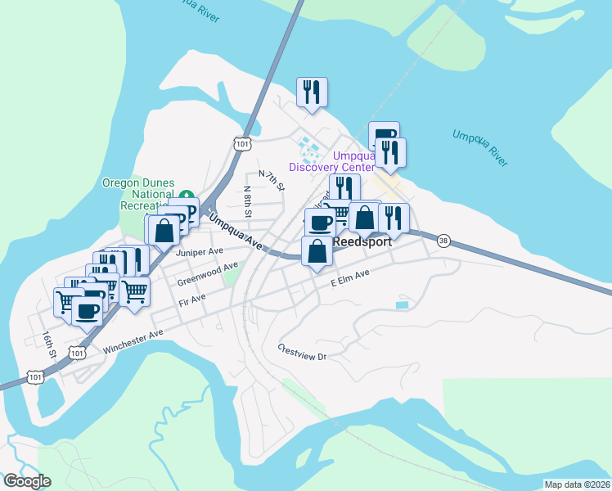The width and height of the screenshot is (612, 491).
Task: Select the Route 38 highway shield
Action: click(x=443, y=241)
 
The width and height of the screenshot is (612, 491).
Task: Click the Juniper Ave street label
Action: click(x=199, y=252)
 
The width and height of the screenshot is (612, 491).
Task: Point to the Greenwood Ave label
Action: click(x=208, y=273)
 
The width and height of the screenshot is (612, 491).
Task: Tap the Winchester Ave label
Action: click(x=133, y=342)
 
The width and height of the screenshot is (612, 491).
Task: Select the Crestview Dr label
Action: click(x=302, y=352)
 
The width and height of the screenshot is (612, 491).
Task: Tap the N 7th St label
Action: click(x=271, y=181)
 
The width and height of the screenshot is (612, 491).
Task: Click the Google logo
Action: click(x=26, y=481)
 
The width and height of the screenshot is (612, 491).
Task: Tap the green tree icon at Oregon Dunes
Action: click(x=187, y=196)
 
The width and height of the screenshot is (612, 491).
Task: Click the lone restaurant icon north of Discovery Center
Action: click(x=311, y=92)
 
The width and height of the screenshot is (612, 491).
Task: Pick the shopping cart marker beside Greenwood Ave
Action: click(x=134, y=291)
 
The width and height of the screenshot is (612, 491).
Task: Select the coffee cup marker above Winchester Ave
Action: click(x=87, y=310)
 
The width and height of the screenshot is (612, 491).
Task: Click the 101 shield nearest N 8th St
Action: click(x=241, y=144)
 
